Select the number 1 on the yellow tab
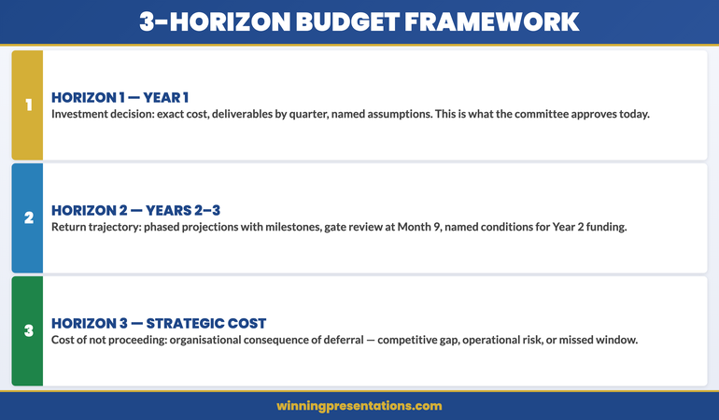pyautogui.click(x=28, y=105)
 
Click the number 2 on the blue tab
pyautogui.click(x=28, y=217)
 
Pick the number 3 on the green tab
pyautogui.click(x=28, y=330)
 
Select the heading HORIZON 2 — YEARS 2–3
pyautogui.click(x=135, y=211)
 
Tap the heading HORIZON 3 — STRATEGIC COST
pyautogui.click(x=159, y=324)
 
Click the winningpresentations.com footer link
pyautogui.click(x=359, y=406)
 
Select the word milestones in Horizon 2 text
pyautogui.click(x=335, y=227)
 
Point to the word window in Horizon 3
pyautogui.click(x=616, y=340)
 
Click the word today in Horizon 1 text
pyautogui.click(x=631, y=114)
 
